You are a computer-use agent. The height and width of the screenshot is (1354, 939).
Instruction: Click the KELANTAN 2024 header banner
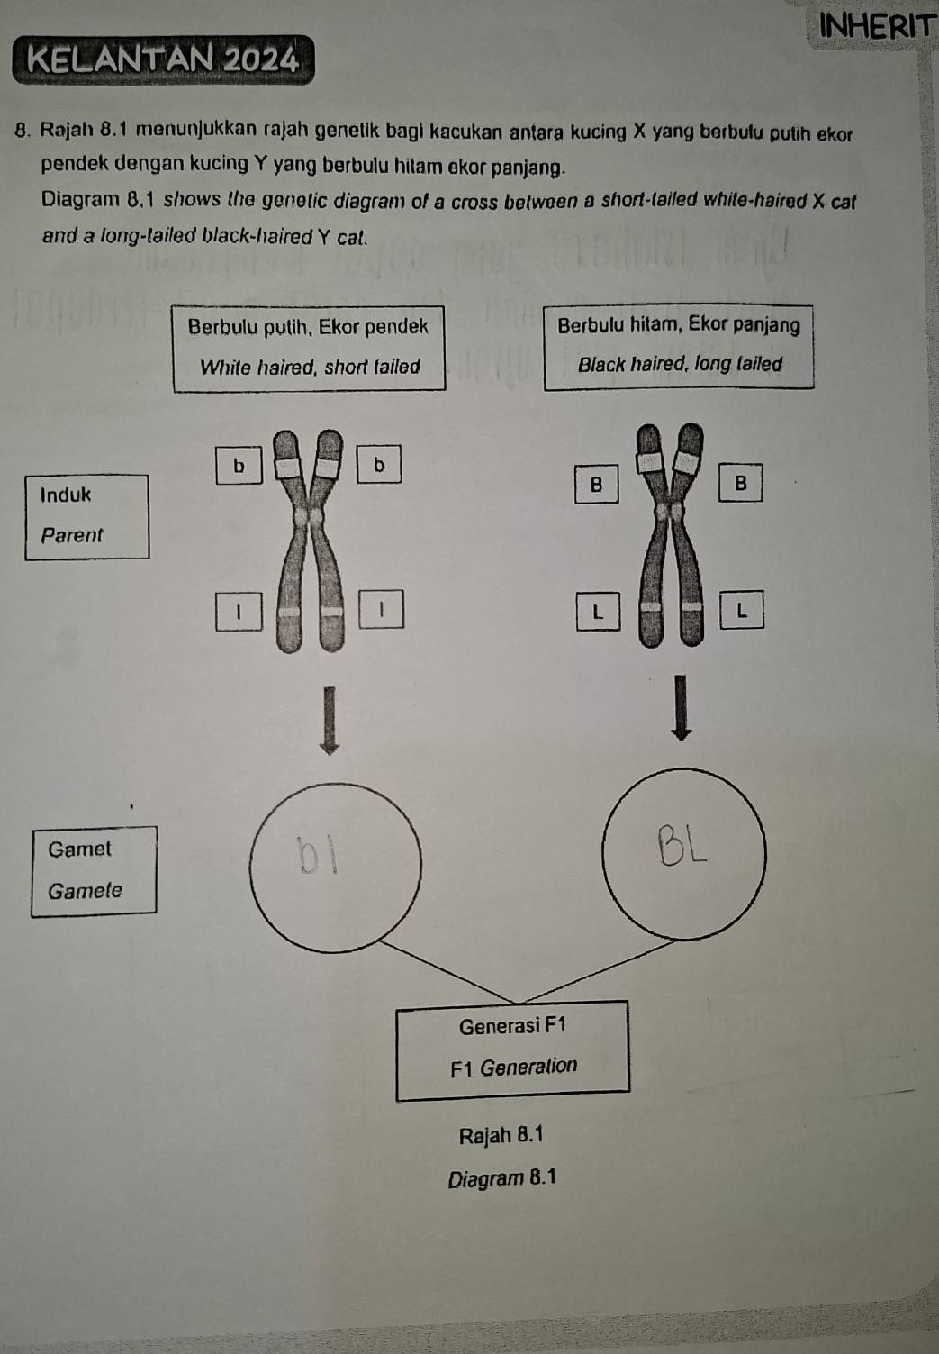pyautogui.click(x=163, y=60)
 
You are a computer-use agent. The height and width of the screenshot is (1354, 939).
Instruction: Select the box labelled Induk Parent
pyautogui.click(x=86, y=516)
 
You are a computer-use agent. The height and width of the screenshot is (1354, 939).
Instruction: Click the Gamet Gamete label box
pyautogui.click(x=94, y=870)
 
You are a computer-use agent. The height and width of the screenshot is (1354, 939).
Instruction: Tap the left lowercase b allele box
pyautogui.click(x=239, y=466)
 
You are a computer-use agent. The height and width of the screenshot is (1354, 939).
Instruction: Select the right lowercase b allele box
pyautogui.click(x=378, y=464)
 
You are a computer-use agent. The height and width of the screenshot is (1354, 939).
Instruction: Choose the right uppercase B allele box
pyautogui.click(x=740, y=483)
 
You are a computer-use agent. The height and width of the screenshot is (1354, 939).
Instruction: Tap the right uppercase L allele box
pyautogui.click(x=741, y=610)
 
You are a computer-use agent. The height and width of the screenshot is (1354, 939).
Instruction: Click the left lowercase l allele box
pyautogui.click(x=239, y=611)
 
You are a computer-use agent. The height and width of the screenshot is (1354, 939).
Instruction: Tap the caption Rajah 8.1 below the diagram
pyautogui.click(x=501, y=1135)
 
